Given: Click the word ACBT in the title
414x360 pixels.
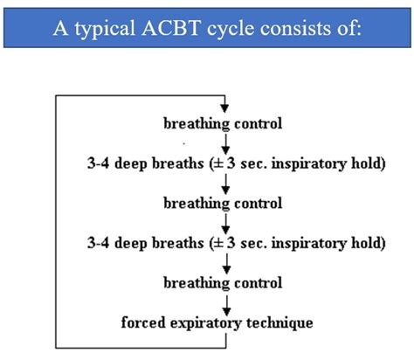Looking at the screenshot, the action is point(171,28).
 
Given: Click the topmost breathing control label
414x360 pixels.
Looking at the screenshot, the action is point(223,123).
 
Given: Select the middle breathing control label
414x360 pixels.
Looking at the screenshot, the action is point(223,204).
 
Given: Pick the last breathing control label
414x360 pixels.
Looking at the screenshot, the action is point(223,283).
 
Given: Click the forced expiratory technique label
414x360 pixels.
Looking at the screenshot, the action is point(217,322).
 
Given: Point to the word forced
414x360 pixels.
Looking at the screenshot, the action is point(143,322).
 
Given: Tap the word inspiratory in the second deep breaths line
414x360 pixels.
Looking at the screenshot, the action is point(309,243).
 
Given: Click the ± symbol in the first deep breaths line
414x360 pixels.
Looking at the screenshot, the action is point(218,164).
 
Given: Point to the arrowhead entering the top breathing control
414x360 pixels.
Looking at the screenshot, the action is point(224,108).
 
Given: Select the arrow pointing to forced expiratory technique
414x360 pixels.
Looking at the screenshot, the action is point(226,306).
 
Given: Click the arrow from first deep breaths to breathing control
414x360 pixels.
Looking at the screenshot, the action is point(225,184).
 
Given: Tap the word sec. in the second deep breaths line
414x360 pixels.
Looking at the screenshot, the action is point(253,244).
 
